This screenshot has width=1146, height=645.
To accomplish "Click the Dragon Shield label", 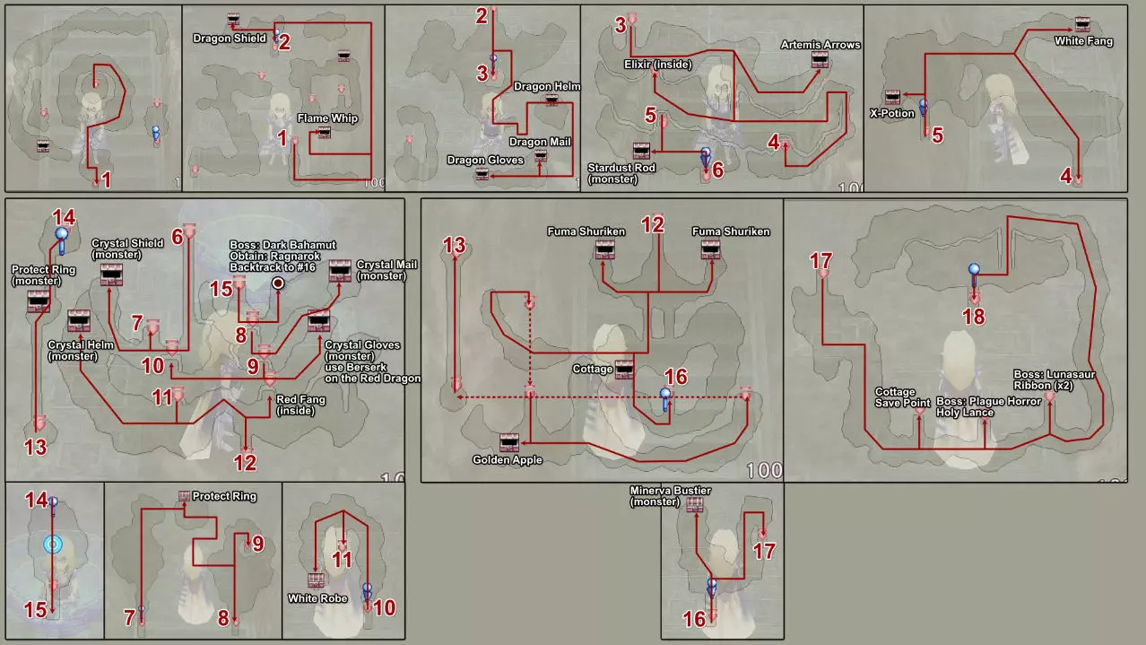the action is pyautogui.click(x=230, y=39).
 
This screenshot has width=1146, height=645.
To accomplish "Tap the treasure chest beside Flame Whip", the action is pyautogui.click(x=325, y=133).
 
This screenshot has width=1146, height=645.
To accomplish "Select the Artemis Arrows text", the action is pyautogui.click(x=820, y=45).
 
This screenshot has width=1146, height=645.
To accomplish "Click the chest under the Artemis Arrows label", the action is pyautogui.click(x=820, y=60).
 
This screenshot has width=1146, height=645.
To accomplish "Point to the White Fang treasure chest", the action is pyautogui.click(x=1082, y=24).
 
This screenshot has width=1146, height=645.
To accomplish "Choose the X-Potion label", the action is pyautogui.click(x=891, y=114).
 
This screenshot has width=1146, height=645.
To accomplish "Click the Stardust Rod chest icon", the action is pyautogui.click(x=641, y=151).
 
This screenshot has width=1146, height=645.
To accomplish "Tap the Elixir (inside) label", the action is pyautogui.click(x=658, y=65).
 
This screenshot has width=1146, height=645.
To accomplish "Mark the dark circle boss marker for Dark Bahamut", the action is pyautogui.click(x=278, y=283).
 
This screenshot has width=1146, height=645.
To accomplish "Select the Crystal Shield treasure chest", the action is pyautogui.click(x=111, y=275).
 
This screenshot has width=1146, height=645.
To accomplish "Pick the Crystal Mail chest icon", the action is pyautogui.click(x=340, y=271).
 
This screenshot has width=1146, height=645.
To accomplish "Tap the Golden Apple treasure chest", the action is pyautogui.click(x=509, y=442).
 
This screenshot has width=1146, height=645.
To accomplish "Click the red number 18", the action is pyautogui.click(x=974, y=317).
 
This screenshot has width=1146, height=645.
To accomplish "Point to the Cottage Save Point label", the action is pyautogui.click(x=902, y=397).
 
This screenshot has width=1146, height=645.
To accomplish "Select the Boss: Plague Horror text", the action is pyautogui.click(x=988, y=401).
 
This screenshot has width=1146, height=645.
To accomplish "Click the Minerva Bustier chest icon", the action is pyautogui.click(x=694, y=505).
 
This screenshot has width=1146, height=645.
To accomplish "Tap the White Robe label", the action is pyautogui.click(x=317, y=598).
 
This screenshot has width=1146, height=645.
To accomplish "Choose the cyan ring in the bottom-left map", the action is pyautogui.click(x=53, y=545).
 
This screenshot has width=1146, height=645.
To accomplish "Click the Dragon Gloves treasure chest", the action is pyautogui.click(x=482, y=175).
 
